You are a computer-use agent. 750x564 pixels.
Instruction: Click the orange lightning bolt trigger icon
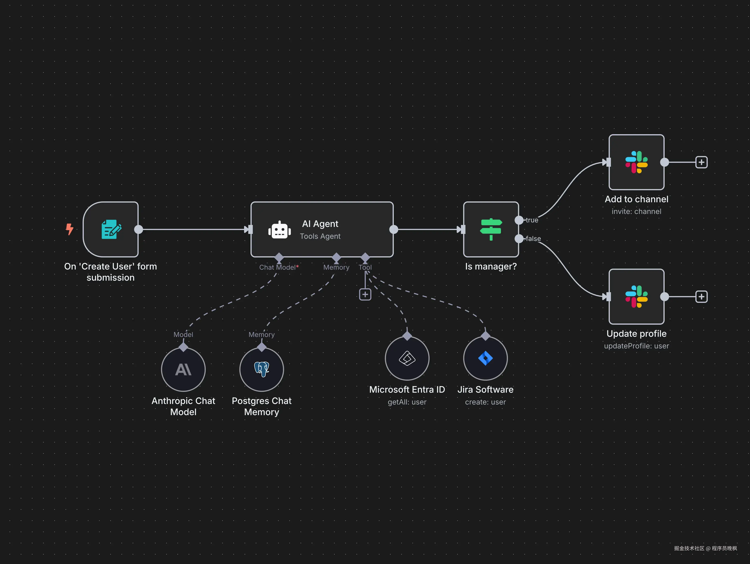pyautogui.click(x=70, y=229)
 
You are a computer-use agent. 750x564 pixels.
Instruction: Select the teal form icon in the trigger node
pyautogui.click(x=111, y=229)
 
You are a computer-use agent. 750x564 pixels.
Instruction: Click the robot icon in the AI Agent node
pyautogui.click(x=279, y=230)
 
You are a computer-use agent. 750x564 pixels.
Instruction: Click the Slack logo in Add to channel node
pyautogui.click(x=636, y=162)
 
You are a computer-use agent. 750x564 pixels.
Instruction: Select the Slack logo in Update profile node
pyautogui.click(x=636, y=297)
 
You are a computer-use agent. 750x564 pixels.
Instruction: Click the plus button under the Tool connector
pyautogui.click(x=365, y=295)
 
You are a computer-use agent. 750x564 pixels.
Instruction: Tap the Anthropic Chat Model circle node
pyautogui.click(x=183, y=369)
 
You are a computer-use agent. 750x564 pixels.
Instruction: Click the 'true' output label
pyautogui.click(x=532, y=220)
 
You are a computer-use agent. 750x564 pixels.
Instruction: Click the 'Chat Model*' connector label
pyautogui.click(x=279, y=267)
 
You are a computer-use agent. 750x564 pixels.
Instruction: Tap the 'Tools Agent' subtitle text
pyautogui.click(x=320, y=236)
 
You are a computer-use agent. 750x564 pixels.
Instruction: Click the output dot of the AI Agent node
pyautogui.click(x=394, y=229)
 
